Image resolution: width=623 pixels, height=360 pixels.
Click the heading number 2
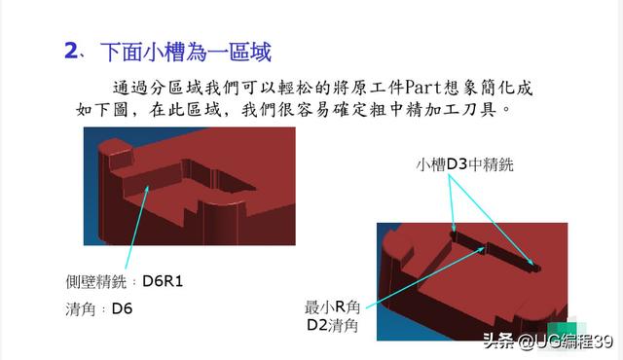click(x=71, y=50)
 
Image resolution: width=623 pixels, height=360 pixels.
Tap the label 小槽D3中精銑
click(x=463, y=165)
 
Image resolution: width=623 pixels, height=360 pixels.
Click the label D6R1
click(x=164, y=282)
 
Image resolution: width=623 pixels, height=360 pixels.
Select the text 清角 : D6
click(x=97, y=309)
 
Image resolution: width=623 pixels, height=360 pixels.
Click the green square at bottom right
click(x=562, y=328)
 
